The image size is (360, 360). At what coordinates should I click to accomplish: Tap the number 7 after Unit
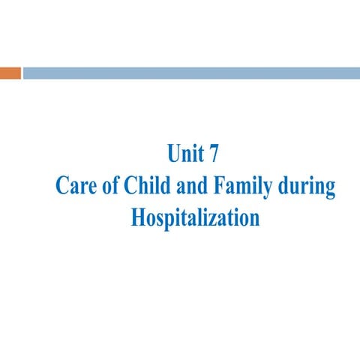216,154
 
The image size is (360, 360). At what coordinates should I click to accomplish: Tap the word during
307,186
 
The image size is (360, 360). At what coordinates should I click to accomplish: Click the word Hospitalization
195,218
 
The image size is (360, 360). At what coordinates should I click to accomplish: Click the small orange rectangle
10,73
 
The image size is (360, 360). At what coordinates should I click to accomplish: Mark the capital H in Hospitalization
138,217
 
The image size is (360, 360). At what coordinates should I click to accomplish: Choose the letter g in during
328,189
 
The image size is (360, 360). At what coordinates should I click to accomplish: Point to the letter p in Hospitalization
169,220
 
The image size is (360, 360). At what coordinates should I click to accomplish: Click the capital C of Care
62,186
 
